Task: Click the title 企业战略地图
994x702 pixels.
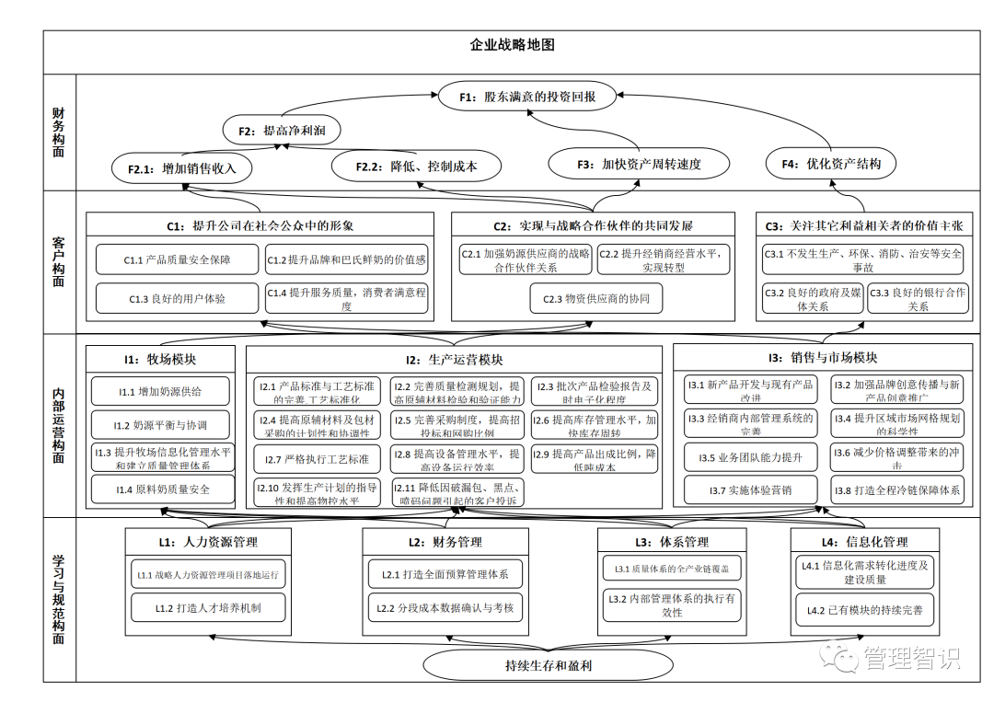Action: click(x=512, y=45)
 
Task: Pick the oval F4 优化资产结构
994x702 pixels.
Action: click(x=830, y=164)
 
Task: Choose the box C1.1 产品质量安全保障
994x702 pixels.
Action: click(x=177, y=260)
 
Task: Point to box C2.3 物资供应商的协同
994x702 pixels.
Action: click(x=595, y=298)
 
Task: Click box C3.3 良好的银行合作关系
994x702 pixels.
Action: click(x=917, y=299)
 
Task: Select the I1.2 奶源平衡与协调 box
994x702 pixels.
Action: click(x=162, y=425)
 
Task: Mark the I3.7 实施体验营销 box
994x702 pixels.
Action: click(x=750, y=490)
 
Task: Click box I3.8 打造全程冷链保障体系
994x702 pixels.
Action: click(x=896, y=490)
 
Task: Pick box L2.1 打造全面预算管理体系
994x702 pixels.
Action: click(x=445, y=575)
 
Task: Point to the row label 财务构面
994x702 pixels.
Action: click(x=59, y=132)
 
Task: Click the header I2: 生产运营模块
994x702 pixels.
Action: click(x=454, y=359)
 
